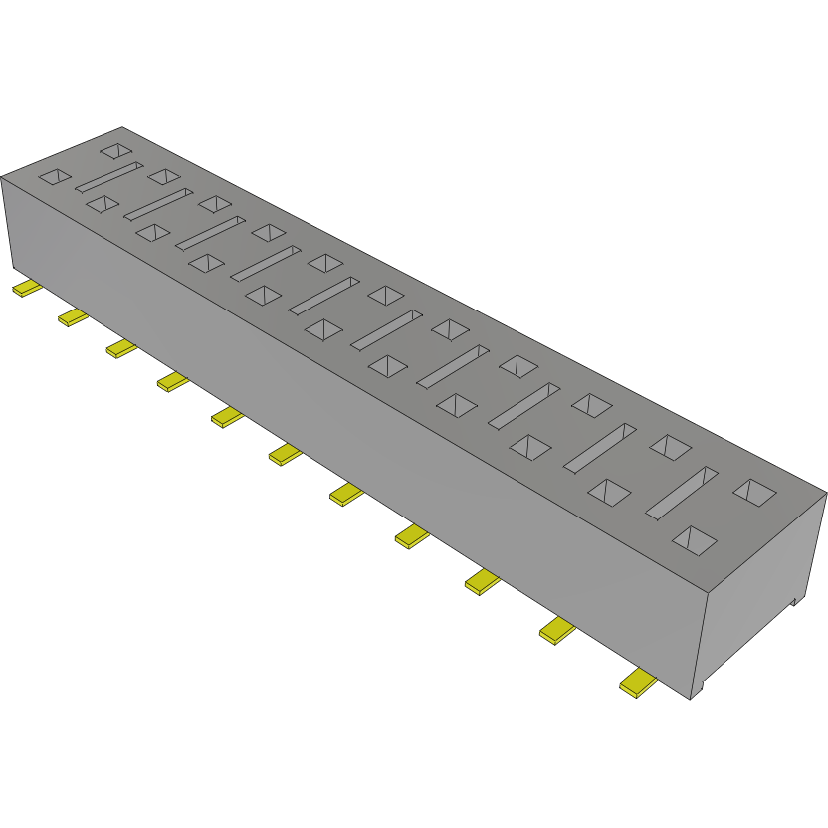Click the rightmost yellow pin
[637, 684]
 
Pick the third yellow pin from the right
[482, 581]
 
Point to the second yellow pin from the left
[74, 316]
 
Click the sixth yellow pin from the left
[285, 454]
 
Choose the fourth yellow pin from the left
[173, 381]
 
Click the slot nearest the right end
[682, 492]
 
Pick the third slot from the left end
[210, 232]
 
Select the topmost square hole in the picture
[116, 151]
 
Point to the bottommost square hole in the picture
[695, 540]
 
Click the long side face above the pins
[348, 398]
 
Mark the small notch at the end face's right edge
[796, 600]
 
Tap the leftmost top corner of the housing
[2, 177]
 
